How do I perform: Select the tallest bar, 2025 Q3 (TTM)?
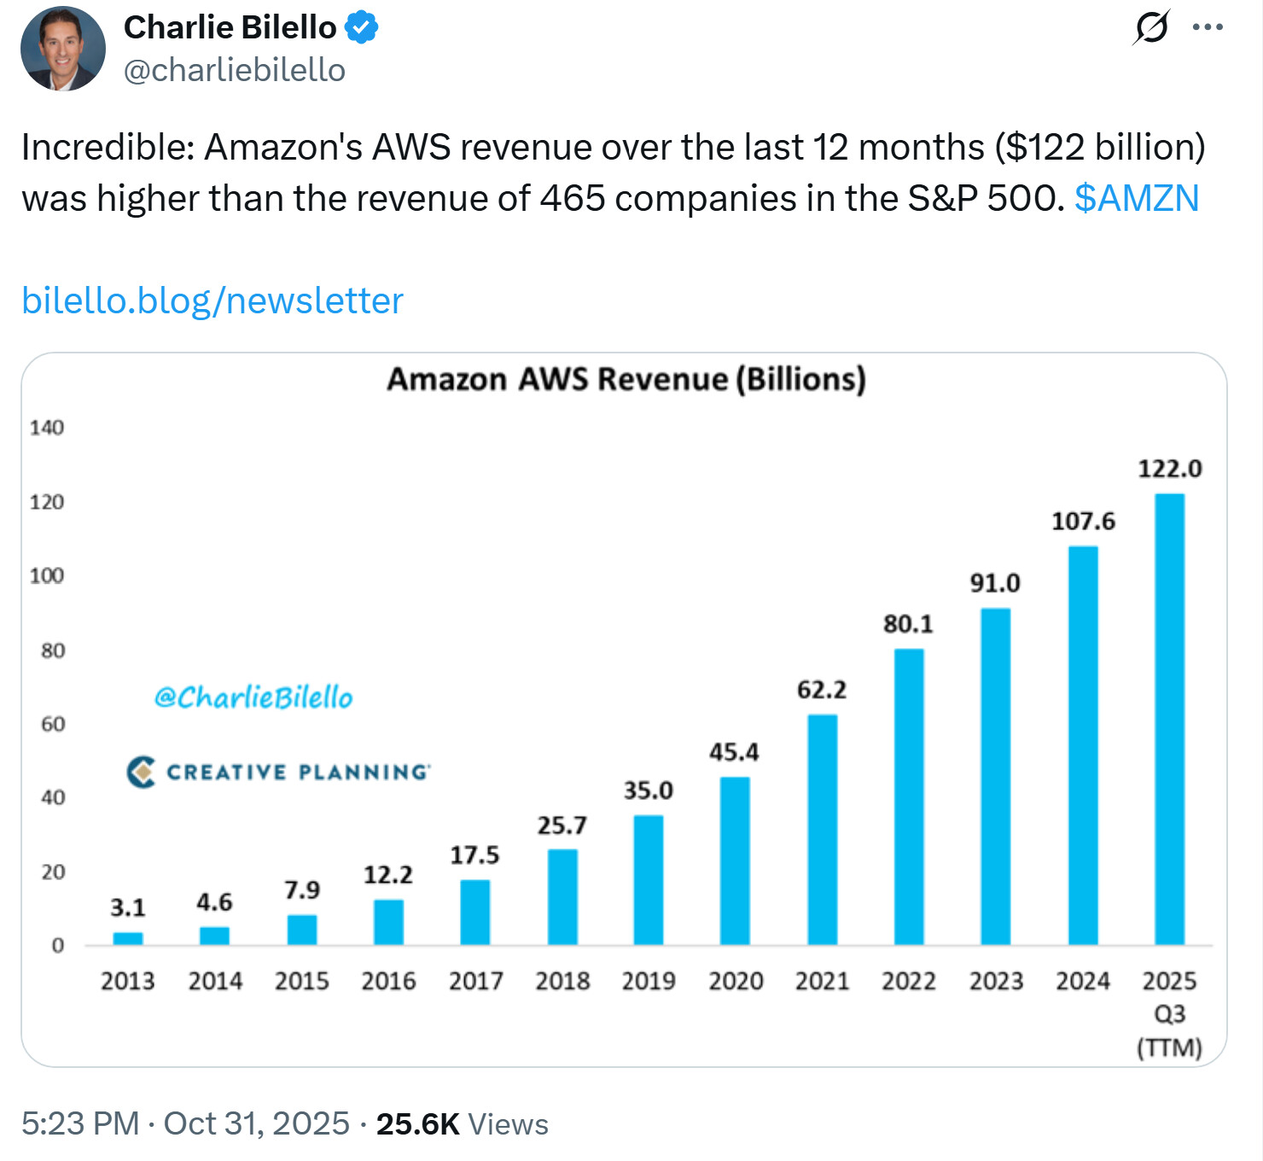pyautogui.click(x=1170, y=719)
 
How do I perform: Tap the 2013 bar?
pyautogui.click(x=128, y=938)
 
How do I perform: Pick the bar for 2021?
pyautogui.click(x=823, y=829)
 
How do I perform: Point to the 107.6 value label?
pyautogui.click(x=1083, y=521)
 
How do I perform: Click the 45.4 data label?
pyautogui.click(x=734, y=752)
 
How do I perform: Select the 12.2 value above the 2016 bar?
pyautogui.click(x=388, y=875)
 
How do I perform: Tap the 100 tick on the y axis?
pyautogui.click(x=47, y=576)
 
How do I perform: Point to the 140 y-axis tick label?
pyautogui.click(x=47, y=428)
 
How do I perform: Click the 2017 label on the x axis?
pyautogui.click(x=476, y=981)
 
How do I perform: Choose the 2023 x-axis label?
pyautogui.click(x=996, y=981)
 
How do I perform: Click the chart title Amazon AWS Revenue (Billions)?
pyautogui.click(x=626, y=379)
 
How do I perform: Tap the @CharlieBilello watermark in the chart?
pyautogui.click(x=253, y=697)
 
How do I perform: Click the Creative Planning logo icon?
pyautogui.click(x=142, y=772)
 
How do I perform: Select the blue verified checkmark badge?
pyautogui.click(x=362, y=27)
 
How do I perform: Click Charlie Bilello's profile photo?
pyautogui.click(x=62, y=49)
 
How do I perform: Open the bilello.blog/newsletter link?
pyautogui.click(x=212, y=300)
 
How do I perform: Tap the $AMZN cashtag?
pyautogui.click(x=1137, y=198)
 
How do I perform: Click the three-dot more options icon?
pyautogui.click(x=1208, y=27)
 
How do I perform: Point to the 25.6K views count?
pyautogui.click(x=418, y=1123)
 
